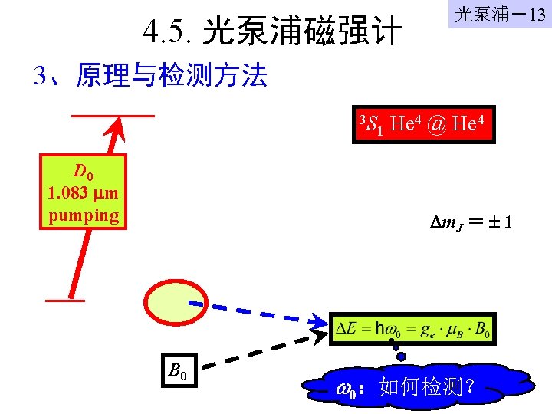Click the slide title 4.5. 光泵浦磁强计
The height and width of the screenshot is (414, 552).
[x=272, y=32]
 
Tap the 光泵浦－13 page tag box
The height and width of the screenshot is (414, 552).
[x=499, y=16]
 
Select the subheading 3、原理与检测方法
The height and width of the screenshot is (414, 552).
[x=150, y=76]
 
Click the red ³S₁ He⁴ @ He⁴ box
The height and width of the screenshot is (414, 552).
[x=424, y=124]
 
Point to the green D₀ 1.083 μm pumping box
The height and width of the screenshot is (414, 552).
[x=84, y=192]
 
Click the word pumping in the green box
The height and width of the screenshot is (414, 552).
[x=84, y=215]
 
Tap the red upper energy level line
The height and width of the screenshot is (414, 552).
[x=113, y=116]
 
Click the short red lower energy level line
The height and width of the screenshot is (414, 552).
[x=64, y=301]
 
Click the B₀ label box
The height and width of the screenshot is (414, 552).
[x=179, y=372]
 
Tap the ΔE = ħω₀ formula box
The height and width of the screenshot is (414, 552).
[x=413, y=330]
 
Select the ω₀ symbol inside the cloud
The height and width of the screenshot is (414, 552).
[x=346, y=390]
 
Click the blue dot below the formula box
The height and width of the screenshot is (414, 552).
[x=400, y=356]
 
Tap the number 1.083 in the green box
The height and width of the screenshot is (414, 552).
[x=69, y=192]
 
